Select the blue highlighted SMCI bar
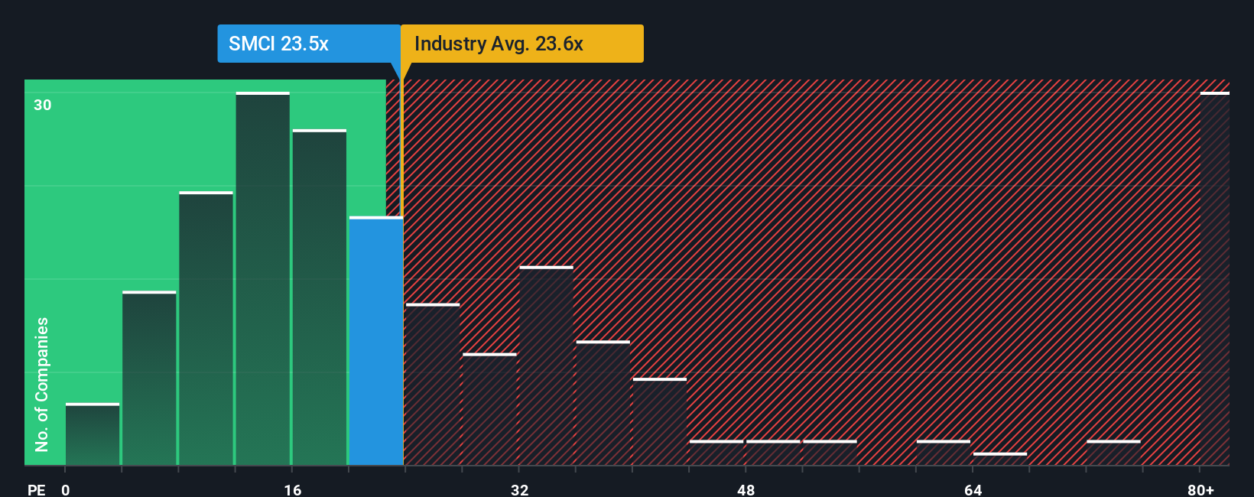[x=376, y=341]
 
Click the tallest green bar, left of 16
[x=263, y=279]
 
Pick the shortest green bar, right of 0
[x=93, y=434]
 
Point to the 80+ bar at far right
[x=1214, y=279]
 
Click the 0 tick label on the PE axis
[x=66, y=489]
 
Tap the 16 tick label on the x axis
[x=292, y=489]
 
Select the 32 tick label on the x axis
[x=519, y=489]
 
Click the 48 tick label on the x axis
[x=746, y=489]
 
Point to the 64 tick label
[x=973, y=489]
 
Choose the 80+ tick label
[x=1200, y=489]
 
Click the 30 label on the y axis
[x=43, y=105]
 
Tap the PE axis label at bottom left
[x=36, y=489]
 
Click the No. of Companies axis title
[x=42, y=384]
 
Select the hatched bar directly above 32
[x=546, y=365]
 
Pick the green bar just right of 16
[x=320, y=297]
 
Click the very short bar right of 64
[x=1000, y=459]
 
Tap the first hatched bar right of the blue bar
[x=433, y=385]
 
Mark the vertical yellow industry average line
[x=401, y=145]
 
